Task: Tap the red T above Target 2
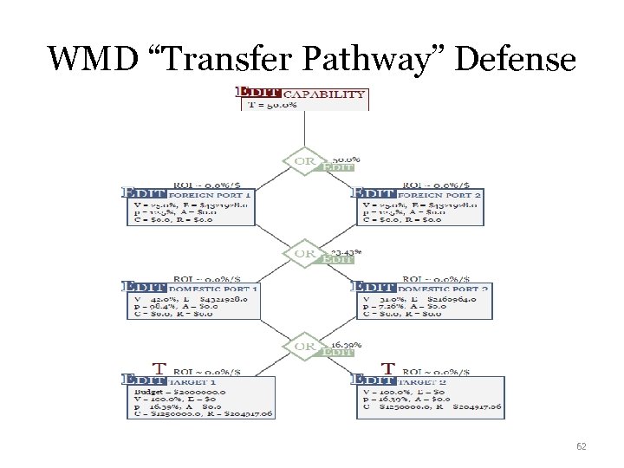(389, 367)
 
